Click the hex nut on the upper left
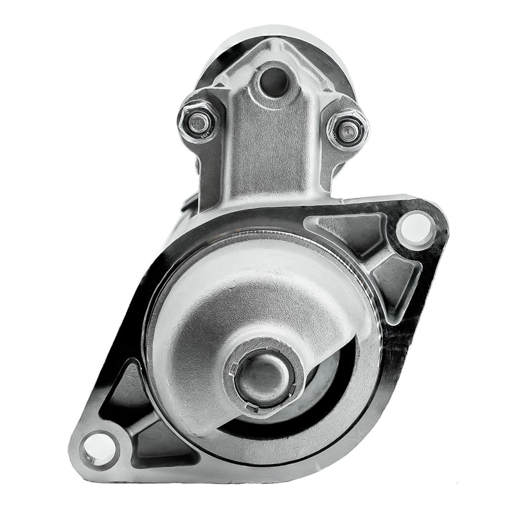[199, 121]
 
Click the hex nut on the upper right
[348, 130]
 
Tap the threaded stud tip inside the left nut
[198, 121]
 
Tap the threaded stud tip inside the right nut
[348, 131]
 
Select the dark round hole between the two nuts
[274, 82]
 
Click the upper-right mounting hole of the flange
[414, 228]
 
